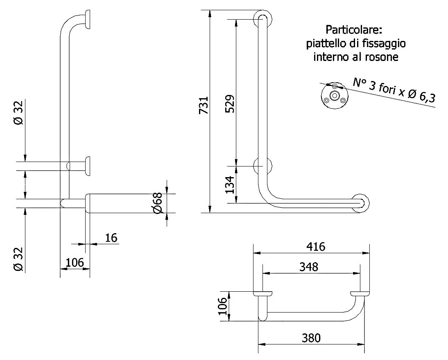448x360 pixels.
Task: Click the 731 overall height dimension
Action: [x=204, y=106]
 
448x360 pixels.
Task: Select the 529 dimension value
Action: [x=230, y=103]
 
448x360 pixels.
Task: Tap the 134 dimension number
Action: [x=230, y=185]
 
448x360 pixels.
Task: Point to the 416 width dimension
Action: [x=316, y=246]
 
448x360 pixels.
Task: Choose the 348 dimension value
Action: [x=309, y=267]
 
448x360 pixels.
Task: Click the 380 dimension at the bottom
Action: [x=311, y=338]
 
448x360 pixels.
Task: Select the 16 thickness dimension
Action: [x=111, y=238]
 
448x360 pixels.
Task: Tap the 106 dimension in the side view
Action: [x=75, y=262]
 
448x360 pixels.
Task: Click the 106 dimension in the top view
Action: [x=223, y=306]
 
